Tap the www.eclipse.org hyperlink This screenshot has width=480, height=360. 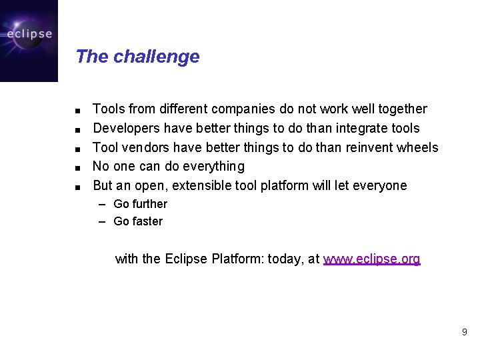pos(371,259)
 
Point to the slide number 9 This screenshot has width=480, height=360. pos(464,332)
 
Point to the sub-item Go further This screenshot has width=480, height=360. pos(140,204)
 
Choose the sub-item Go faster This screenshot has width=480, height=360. pos(138,221)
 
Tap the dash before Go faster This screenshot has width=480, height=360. pos(103,221)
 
